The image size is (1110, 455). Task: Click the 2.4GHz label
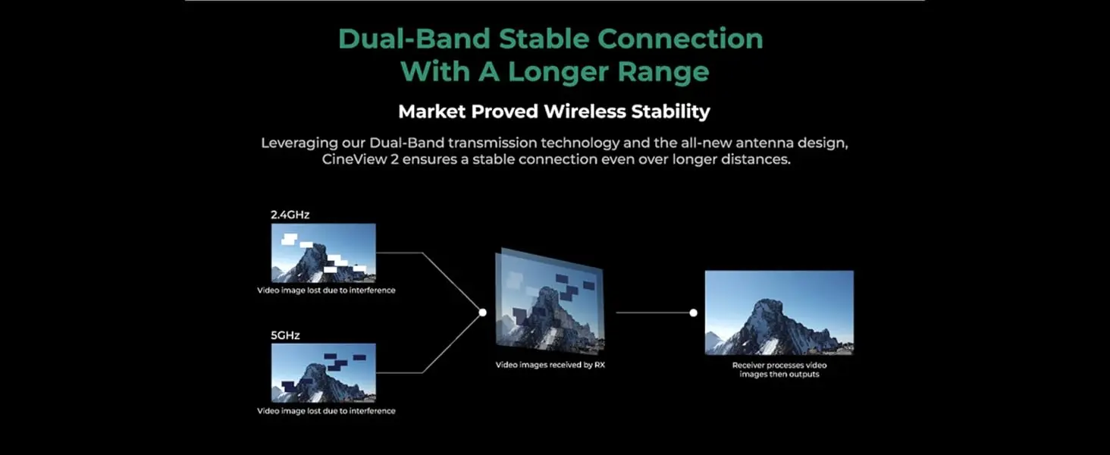pyautogui.click(x=290, y=215)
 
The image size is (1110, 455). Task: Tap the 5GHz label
pyautogui.click(x=285, y=335)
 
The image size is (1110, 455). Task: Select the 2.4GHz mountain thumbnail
pyautogui.click(x=324, y=253)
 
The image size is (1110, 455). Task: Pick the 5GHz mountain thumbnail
pyautogui.click(x=324, y=373)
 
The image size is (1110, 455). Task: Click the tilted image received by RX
pyautogui.click(x=550, y=301)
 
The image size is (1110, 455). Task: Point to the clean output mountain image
pyautogui.click(x=779, y=312)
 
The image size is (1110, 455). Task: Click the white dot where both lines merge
pyautogui.click(x=483, y=312)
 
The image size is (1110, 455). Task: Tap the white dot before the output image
pyautogui.click(x=693, y=312)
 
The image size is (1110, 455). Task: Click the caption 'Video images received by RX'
pyautogui.click(x=550, y=365)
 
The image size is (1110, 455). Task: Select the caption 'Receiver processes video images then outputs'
pyautogui.click(x=779, y=370)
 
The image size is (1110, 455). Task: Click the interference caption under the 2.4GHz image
pyautogui.click(x=326, y=290)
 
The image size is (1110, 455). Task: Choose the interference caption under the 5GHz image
pyautogui.click(x=326, y=411)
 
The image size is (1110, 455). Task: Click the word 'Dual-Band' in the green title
pyautogui.click(x=414, y=39)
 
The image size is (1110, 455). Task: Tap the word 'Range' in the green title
pyautogui.click(x=663, y=72)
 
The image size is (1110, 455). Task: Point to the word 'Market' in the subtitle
pyautogui.click(x=431, y=111)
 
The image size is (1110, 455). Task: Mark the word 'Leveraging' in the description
pyautogui.click(x=299, y=143)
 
